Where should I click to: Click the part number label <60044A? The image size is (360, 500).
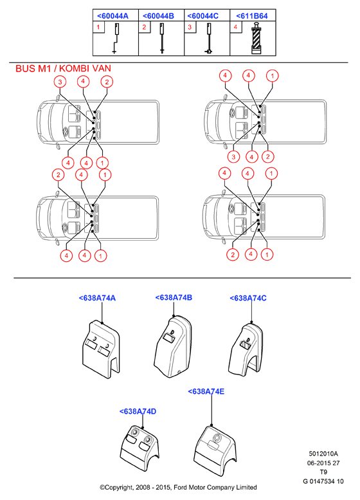[113, 16]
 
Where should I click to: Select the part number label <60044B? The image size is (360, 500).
[158, 16]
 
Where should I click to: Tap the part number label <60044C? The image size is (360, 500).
[203, 16]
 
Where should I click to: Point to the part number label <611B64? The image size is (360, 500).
[252, 16]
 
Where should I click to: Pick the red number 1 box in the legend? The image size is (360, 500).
[98, 27]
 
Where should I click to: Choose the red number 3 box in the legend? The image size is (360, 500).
[190, 27]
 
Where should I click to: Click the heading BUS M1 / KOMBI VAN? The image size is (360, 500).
[64, 69]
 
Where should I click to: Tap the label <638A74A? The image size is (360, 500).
[97, 298]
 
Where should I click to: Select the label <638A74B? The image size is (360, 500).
[174, 297]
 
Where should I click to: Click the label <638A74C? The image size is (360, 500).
[248, 298]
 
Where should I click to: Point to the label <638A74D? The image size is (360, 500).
[138, 411]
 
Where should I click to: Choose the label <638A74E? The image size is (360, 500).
[206, 391]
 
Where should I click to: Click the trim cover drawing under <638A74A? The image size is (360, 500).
[101, 347]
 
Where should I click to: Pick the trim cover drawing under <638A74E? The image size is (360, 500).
[215, 450]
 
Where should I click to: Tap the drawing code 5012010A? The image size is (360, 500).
[323, 454]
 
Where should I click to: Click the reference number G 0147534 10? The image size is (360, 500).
[323, 481]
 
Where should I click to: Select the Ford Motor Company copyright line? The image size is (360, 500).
[179, 487]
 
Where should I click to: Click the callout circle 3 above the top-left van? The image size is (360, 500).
[60, 82]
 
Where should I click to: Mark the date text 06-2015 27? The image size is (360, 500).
[323, 463]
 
